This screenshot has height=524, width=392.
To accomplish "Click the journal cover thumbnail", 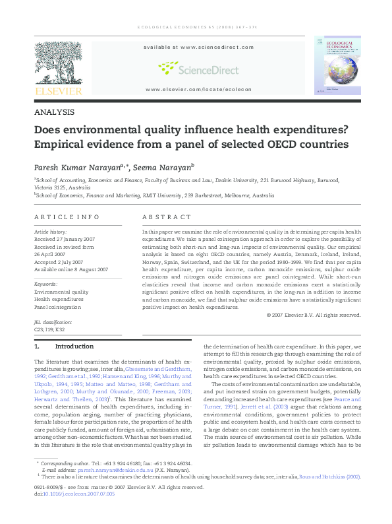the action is (x=337, y=64).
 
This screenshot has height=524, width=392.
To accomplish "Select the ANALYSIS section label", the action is (x=53, y=112).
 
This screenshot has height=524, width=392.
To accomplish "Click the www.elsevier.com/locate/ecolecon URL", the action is (x=196, y=89).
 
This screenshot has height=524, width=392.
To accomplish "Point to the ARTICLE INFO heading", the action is (x=67, y=217).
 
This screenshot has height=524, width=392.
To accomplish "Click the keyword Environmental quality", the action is (x=61, y=291).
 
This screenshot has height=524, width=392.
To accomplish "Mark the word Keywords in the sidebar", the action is (x=45, y=284).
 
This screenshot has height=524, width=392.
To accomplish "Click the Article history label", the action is (x=50, y=232).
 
